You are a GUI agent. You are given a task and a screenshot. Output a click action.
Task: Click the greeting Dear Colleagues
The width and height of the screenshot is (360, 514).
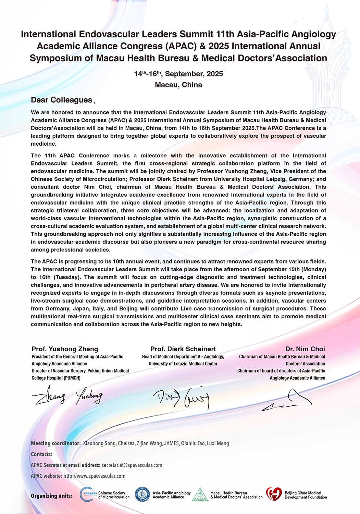tap(61, 100)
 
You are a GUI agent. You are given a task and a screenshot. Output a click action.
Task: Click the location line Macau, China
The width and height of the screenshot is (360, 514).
tap(178, 85)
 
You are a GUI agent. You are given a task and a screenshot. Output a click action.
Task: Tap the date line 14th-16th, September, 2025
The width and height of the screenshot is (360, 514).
tap(178, 74)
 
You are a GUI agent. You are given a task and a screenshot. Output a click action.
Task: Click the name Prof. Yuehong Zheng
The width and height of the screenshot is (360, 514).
tap(65, 349)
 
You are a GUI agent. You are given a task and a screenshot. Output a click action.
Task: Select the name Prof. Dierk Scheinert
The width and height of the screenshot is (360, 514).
tap(183, 349)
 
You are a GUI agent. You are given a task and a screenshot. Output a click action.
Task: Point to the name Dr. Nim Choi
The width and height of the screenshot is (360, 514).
tap(305, 349)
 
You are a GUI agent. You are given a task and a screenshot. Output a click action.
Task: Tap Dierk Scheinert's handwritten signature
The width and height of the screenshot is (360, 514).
tap(182, 398)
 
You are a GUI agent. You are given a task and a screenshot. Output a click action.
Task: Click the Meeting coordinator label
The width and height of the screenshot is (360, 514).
tap(56, 443)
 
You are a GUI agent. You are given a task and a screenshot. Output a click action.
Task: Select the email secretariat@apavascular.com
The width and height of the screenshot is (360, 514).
tap(132, 465)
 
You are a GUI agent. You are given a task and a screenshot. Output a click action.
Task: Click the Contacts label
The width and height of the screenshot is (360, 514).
tap(41, 454)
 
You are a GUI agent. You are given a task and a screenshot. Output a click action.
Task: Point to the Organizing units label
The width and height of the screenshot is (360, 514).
tap(51, 496)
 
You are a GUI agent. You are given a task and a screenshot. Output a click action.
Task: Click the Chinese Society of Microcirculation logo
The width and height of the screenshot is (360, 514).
tap(87, 494)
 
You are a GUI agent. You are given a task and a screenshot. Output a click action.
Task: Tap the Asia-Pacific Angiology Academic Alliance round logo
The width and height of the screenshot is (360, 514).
tap(142, 494)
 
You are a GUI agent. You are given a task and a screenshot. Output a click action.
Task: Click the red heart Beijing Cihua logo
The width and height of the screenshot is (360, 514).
tap(274, 494)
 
